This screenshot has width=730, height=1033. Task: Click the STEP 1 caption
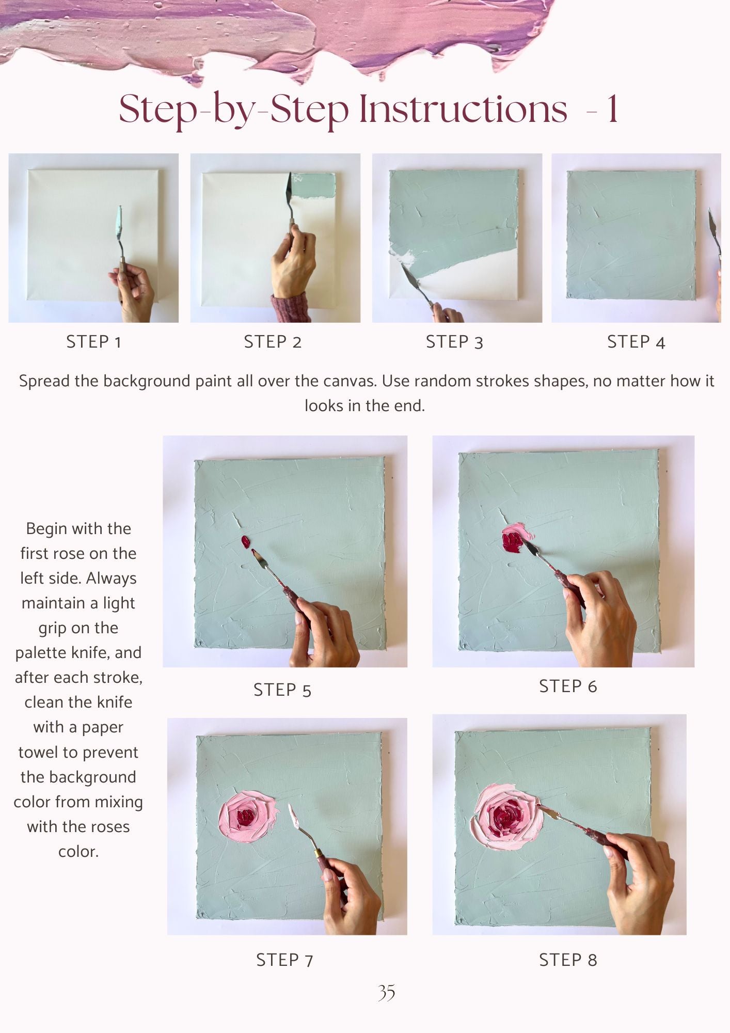pyautogui.click(x=93, y=342)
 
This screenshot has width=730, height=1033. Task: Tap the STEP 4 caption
pyautogui.click(x=636, y=342)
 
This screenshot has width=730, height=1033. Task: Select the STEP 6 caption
pyautogui.click(x=568, y=686)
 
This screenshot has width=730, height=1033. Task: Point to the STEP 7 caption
pyautogui.click(x=285, y=960)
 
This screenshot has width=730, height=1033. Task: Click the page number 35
pyautogui.click(x=386, y=992)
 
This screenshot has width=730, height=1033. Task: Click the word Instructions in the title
pyautogui.click(x=463, y=109)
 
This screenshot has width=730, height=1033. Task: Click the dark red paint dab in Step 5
pyautogui.click(x=246, y=542)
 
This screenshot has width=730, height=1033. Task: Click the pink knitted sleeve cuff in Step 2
pyautogui.click(x=291, y=308)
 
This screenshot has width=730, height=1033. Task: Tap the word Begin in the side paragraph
pyautogui.click(x=47, y=529)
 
